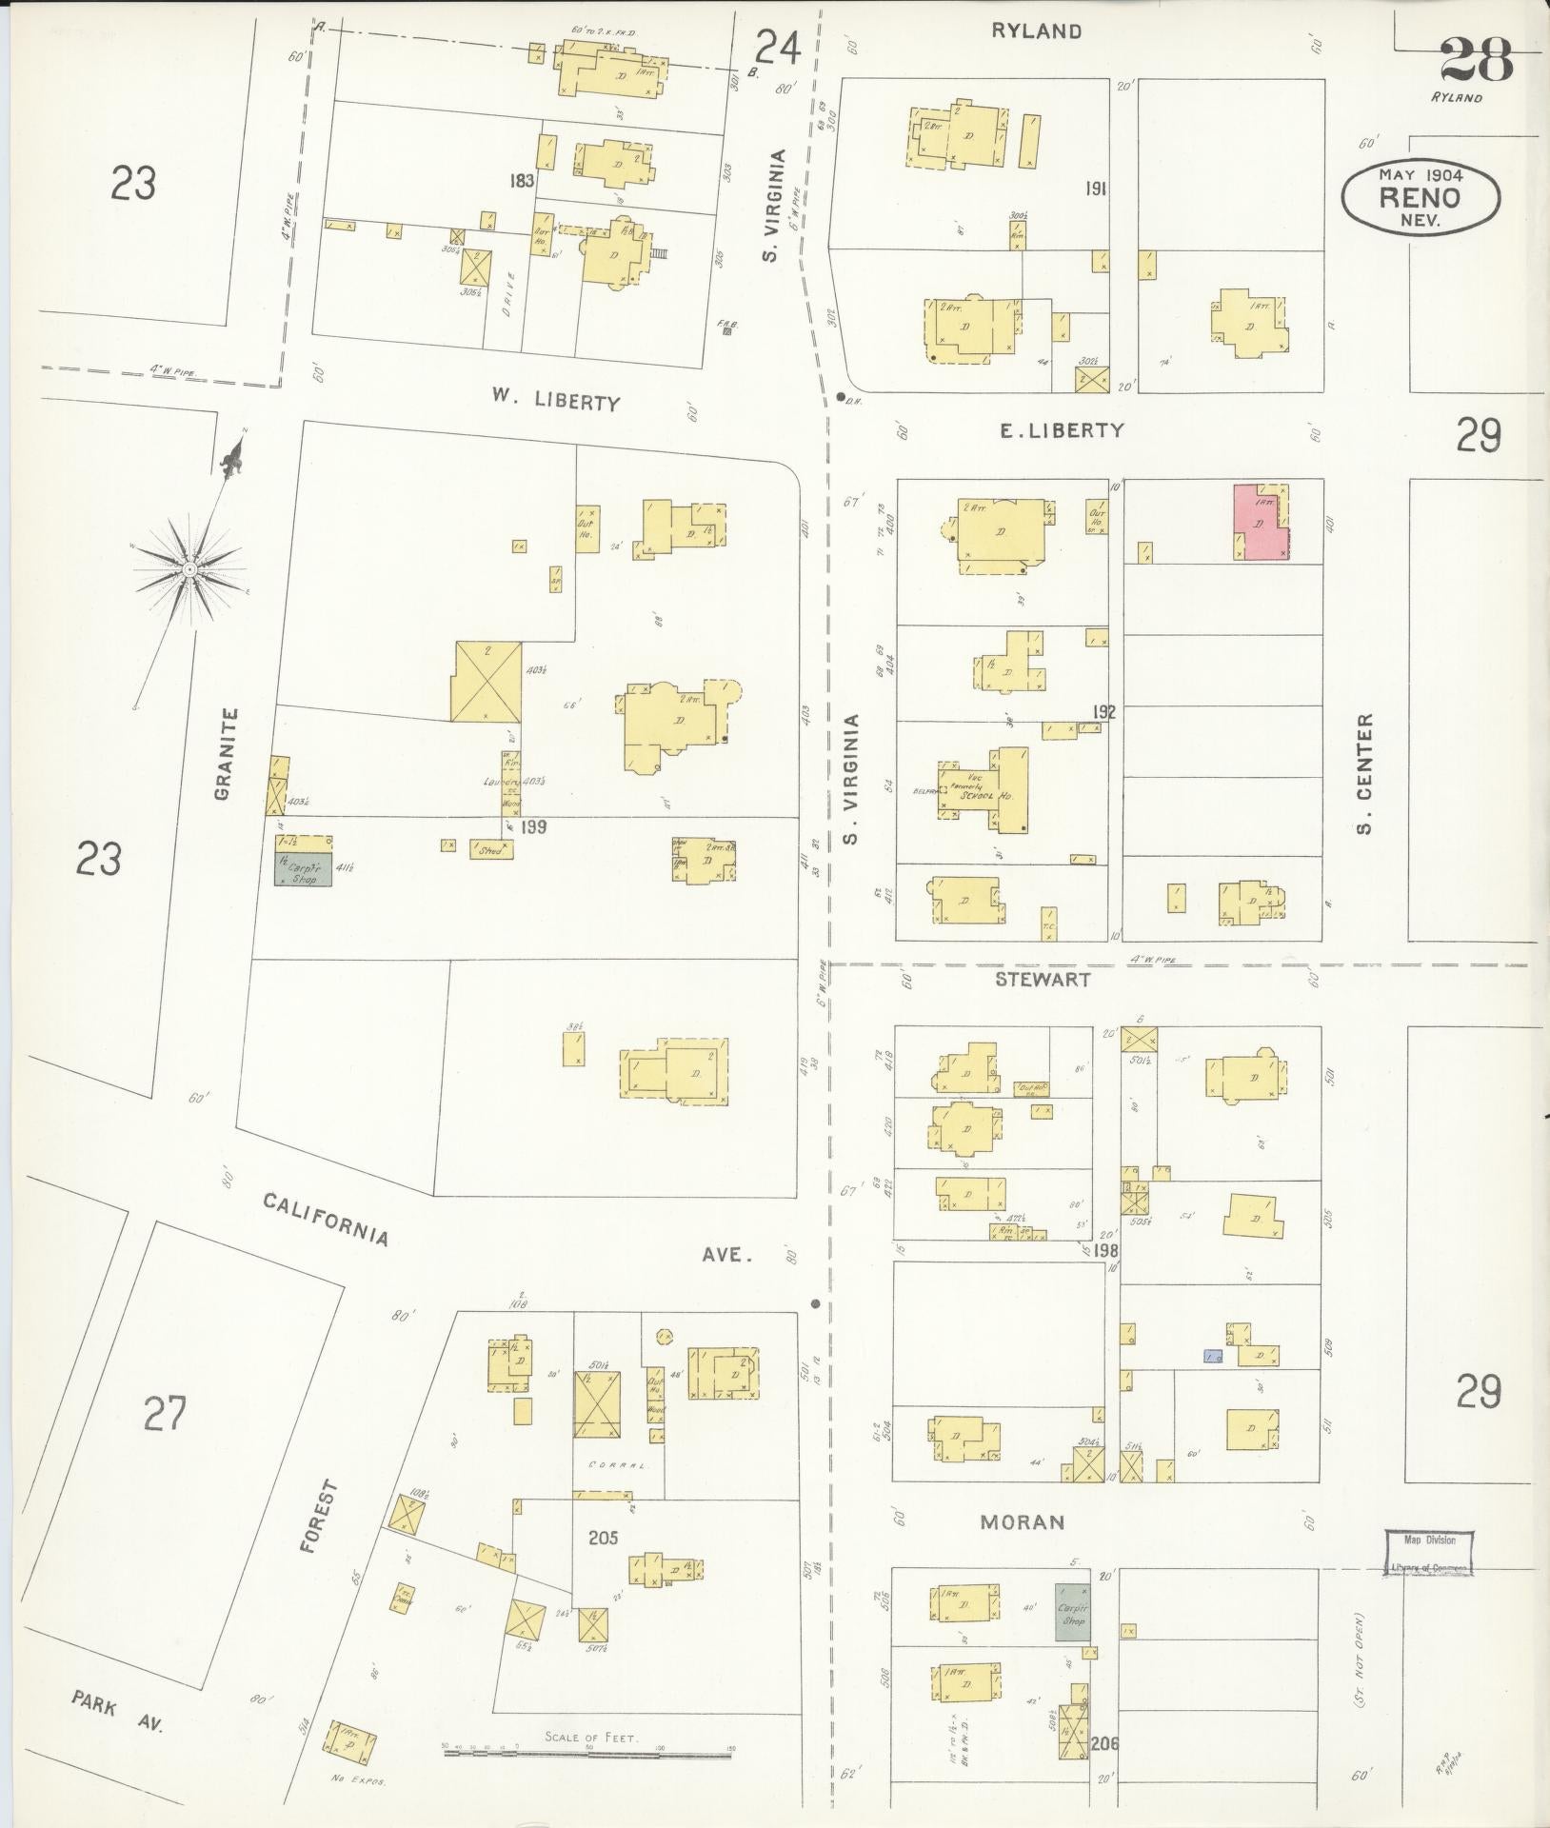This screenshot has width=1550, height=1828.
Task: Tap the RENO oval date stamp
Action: click(1420, 197)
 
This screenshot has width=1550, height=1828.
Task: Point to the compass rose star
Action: click(190, 568)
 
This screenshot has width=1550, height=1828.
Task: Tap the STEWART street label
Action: click(1043, 978)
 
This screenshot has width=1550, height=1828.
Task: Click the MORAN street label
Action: click(1022, 1521)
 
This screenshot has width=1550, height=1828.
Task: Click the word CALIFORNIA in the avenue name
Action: click(326, 1219)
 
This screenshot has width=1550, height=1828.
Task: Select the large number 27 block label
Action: click(167, 1413)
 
